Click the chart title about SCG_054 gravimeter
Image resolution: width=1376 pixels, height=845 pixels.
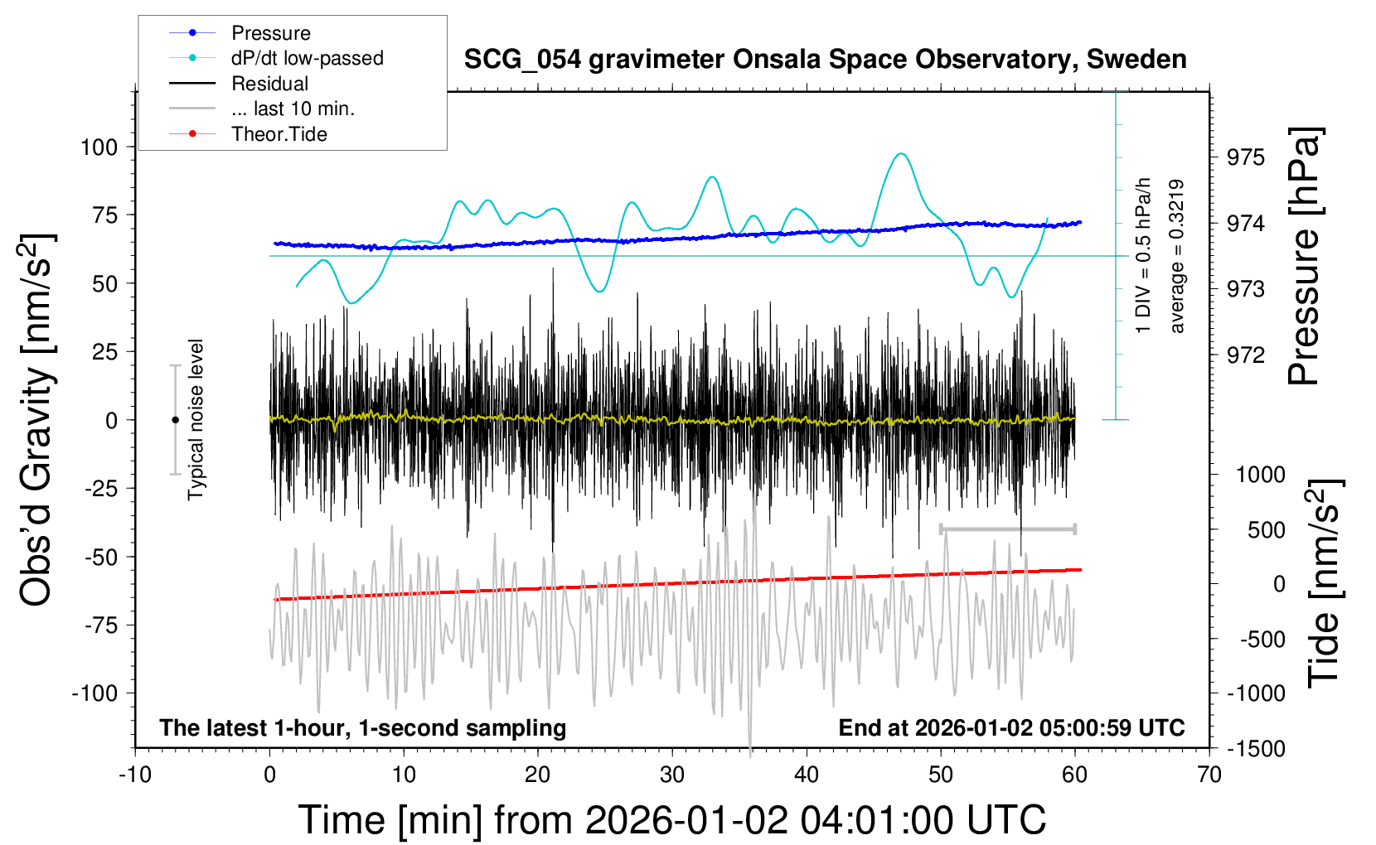click(825, 60)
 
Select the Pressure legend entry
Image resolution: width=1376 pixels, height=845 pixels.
click(270, 33)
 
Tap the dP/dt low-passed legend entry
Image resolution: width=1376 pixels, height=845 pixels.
click(307, 58)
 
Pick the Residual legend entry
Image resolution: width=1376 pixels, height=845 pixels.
click(269, 84)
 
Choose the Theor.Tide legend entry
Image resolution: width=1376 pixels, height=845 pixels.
click(279, 134)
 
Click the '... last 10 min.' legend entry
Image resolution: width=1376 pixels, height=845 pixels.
click(293, 109)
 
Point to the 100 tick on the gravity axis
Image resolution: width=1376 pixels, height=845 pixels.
click(99, 147)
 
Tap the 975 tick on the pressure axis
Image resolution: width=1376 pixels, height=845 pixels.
click(1246, 157)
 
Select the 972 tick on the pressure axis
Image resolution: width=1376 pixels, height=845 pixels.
click(1246, 355)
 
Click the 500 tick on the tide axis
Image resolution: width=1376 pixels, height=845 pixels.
click(1266, 529)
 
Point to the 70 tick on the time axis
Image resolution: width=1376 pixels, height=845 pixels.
click(1209, 775)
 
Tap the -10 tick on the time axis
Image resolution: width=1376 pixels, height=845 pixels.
click(135, 775)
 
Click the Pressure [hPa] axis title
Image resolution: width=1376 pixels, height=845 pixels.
click(1305, 256)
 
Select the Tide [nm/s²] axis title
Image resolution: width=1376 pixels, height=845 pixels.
click(1325, 583)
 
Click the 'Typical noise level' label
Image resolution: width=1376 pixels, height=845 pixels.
click(196, 419)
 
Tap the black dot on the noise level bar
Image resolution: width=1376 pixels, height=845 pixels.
click(175, 420)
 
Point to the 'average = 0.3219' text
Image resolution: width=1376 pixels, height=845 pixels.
click(1176, 256)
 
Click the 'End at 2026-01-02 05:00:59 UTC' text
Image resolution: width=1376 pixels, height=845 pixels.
click(1011, 727)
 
